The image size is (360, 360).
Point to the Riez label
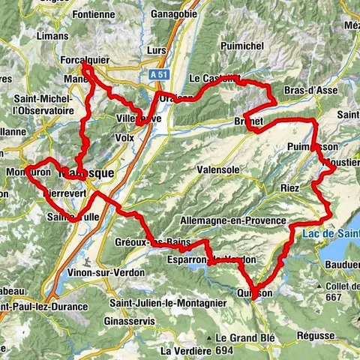click(289, 187)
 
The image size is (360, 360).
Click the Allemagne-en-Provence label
click(233, 220)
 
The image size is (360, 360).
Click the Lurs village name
click(156, 49)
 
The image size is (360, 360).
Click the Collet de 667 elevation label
click(335, 291)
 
